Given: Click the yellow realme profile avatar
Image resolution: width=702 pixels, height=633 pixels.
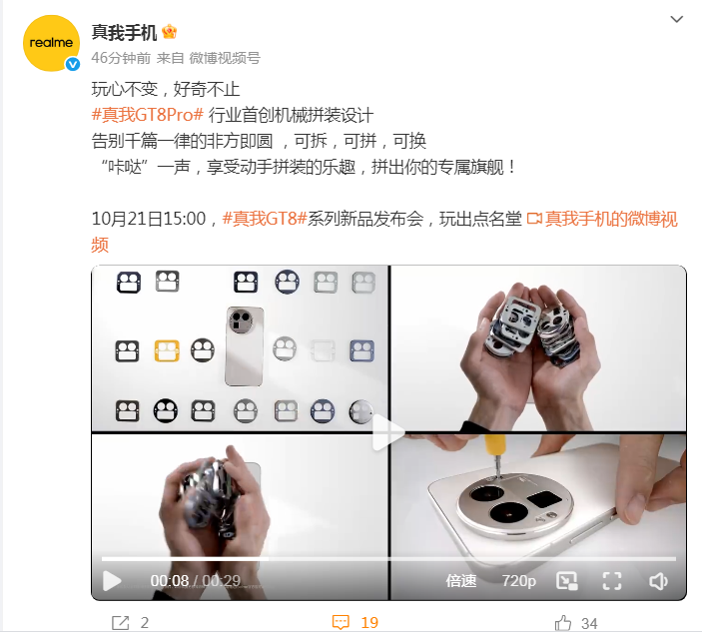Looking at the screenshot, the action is coord(51,43).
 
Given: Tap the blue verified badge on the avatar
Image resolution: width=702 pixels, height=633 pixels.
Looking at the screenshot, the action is coord(73,65).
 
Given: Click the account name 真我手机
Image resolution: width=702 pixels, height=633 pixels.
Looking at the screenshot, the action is coord(124,33).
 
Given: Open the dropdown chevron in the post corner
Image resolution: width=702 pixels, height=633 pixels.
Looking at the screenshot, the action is coord(676,19).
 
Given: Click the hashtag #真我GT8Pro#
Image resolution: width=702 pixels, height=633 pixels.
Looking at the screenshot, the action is coord(148,115).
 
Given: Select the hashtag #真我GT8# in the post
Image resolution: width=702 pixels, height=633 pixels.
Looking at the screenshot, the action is coord(265,219).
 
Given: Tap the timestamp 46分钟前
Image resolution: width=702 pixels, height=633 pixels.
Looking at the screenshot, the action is coord(121,58).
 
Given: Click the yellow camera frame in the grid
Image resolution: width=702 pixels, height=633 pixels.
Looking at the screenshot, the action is coord(167,350).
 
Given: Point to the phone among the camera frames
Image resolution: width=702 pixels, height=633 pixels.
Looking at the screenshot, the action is coord(244,346).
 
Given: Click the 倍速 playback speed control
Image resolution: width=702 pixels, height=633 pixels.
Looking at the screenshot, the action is coord(460,581).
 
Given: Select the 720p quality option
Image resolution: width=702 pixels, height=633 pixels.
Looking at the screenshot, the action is coord(518,581).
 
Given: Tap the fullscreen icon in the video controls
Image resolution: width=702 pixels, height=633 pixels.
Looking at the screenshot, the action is coord(611,581).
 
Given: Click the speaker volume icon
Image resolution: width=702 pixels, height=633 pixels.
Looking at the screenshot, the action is coord(658,581).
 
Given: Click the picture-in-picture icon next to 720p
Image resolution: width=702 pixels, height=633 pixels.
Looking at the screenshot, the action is coord(566,581).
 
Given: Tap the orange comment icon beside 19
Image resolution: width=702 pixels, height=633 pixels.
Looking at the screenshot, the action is coord(341,622).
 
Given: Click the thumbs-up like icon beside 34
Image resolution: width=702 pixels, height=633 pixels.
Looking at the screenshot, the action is coord(563,623).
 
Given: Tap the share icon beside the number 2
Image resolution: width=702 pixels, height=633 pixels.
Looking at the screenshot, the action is coord(120,623).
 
